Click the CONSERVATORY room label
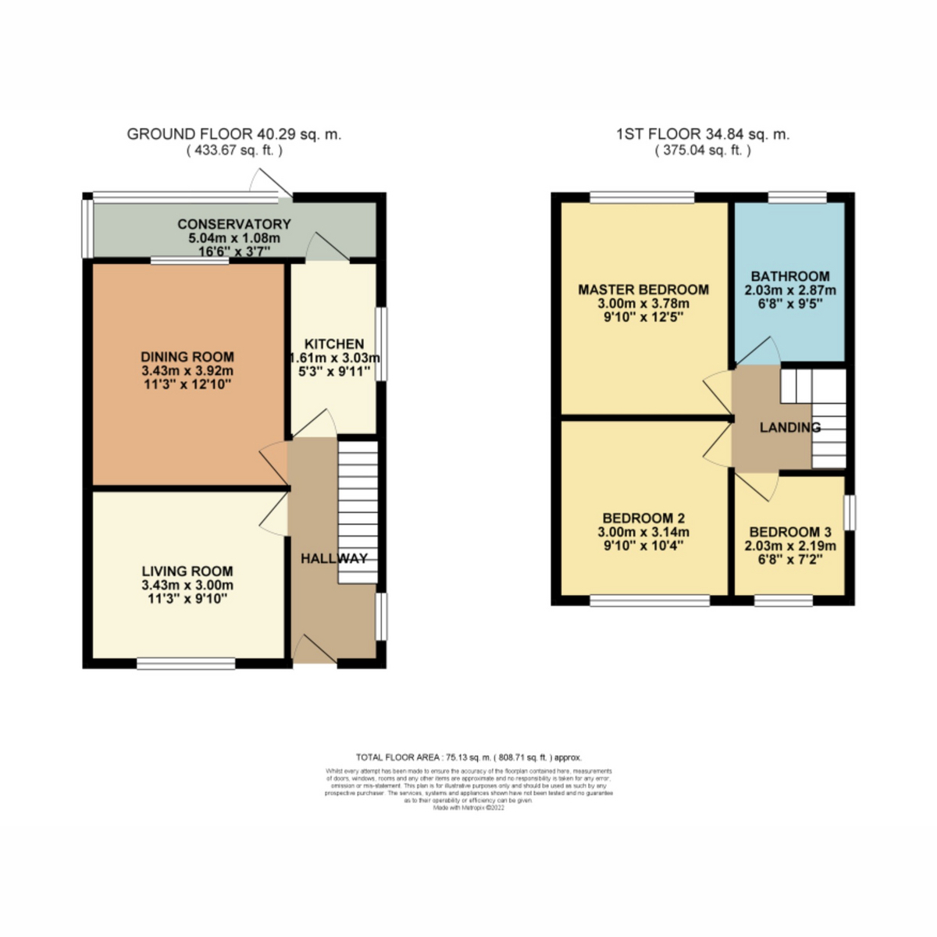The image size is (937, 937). click(x=233, y=224)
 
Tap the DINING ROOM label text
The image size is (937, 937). click(x=187, y=357)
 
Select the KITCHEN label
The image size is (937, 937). click(x=334, y=344)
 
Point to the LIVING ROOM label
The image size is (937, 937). click(x=187, y=571)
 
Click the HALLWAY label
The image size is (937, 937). click(x=333, y=558)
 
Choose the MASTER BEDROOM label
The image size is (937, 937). click(x=643, y=290)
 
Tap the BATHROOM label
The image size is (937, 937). click(x=790, y=276)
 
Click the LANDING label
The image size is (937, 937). click(x=789, y=427)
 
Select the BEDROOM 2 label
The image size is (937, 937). click(x=643, y=518)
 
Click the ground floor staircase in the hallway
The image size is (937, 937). click(x=358, y=511)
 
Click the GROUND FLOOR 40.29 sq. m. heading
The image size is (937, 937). click(x=233, y=134)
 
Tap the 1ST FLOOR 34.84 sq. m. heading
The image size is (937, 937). click(x=702, y=134)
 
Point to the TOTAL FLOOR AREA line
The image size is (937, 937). click(x=468, y=757)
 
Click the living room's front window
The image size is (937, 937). click(x=186, y=664)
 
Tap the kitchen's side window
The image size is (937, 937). click(x=380, y=344)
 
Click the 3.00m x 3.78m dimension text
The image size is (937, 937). click(x=643, y=304)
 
